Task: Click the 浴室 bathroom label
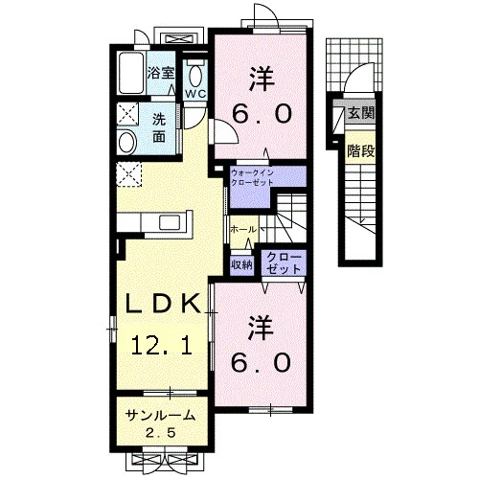pyautogui.click(x=161, y=74)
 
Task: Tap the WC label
pyautogui.click(x=195, y=94)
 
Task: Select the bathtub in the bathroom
pyautogui.click(x=131, y=73)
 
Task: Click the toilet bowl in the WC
pyautogui.click(x=195, y=75)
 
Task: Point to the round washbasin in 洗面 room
pyautogui.click(x=127, y=142)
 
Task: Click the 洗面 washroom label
pyautogui.click(x=159, y=128)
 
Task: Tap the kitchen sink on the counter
pyautogui.click(x=170, y=222)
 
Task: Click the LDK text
pyautogui.click(x=164, y=304)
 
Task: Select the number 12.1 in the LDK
pyautogui.click(x=162, y=345)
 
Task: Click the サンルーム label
pyautogui.click(x=160, y=416)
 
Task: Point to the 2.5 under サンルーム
pyautogui.click(x=161, y=433)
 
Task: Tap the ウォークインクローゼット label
pyautogui.click(x=252, y=178)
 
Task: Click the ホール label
pyautogui.click(x=243, y=229)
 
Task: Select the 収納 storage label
pyautogui.click(x=241, y=264)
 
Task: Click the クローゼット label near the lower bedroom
pyautogui.click(x=284, y=263)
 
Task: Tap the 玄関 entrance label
pyautogui.click(x=361, y=113)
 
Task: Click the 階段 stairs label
pyautogui.click(x=360, y=151)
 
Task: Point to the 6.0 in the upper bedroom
pyautogui.click(x=262, y=114)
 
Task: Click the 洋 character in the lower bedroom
pyautogui.click(x=262, y=329)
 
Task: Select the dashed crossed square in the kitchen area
pyautogui.click(x=128, y=174)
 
